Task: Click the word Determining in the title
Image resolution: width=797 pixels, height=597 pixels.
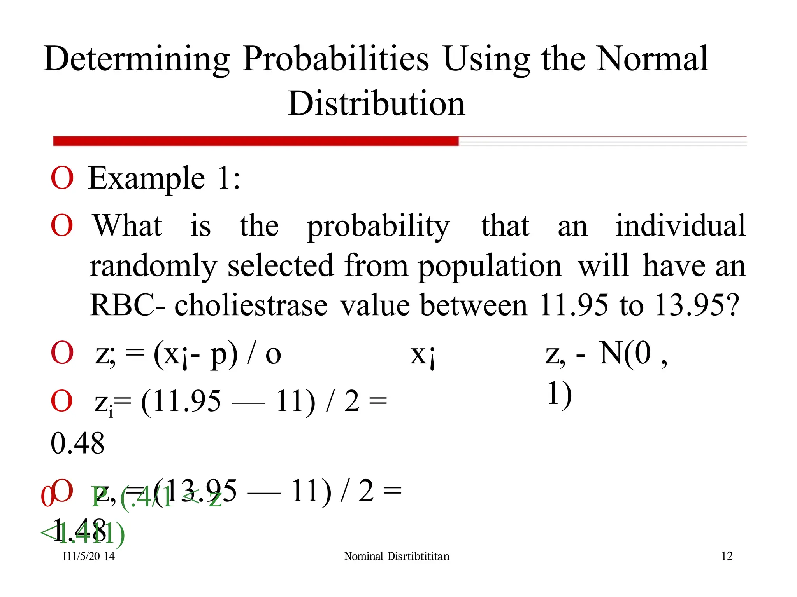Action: point(137,59)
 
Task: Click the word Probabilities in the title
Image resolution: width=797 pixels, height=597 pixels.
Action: point(335,59)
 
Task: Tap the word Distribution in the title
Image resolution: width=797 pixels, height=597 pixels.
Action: point(376,103)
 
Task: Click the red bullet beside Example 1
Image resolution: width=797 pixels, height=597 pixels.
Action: point(62,178)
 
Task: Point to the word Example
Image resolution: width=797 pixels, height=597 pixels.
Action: point(147,178)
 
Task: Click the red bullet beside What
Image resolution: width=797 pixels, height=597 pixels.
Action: point(62,225)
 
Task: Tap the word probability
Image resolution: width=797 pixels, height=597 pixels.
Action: point(378,227)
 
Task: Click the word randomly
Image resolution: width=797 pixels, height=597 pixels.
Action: point(153,266)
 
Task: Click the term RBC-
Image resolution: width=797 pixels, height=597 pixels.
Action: point(127,305)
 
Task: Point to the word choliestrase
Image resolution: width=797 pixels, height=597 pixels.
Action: point(251,305)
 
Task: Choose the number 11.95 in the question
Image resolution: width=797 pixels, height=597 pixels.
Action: point(573,305)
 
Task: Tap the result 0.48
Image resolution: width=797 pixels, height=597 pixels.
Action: point(78,443)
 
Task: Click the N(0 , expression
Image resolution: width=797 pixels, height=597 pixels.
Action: point(632,354)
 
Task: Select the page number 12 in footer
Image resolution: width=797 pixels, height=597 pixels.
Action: point(727,556)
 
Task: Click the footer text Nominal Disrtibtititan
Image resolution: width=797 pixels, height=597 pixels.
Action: point(397,556)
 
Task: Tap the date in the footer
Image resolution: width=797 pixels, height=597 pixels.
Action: point(89,556)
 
